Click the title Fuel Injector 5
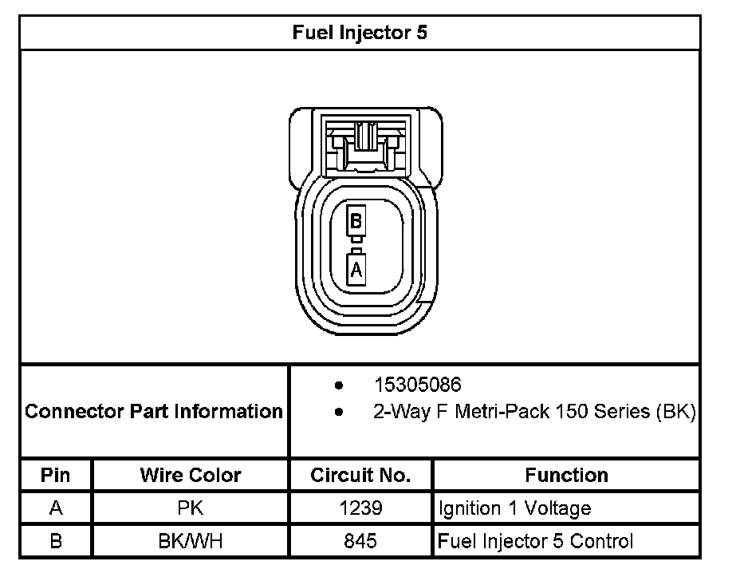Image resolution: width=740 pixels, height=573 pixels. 360,33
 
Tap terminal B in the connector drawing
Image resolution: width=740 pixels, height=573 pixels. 356,220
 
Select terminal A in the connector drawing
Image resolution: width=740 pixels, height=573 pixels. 356,270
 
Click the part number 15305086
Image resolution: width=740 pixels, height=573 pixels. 418,385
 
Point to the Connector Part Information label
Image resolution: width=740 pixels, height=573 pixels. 154,411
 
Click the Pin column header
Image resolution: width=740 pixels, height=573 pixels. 55,475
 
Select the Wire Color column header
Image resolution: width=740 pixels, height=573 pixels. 191,475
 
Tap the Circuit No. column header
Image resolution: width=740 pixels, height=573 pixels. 360,475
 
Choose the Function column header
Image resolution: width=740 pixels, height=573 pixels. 566,475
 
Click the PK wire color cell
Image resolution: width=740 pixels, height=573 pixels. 191,508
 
